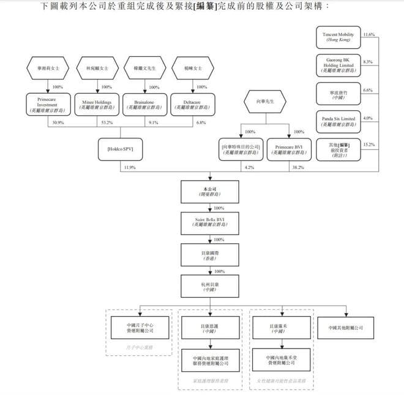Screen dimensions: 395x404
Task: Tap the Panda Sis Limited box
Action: click(339, 120)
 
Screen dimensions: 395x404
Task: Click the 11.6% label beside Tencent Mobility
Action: click(368, 35)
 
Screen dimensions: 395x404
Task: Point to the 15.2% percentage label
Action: click(368, 145)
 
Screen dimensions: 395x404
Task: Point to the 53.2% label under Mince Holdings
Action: click(104, 122)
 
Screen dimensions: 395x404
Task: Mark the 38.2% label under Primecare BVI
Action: click(297, 167)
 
